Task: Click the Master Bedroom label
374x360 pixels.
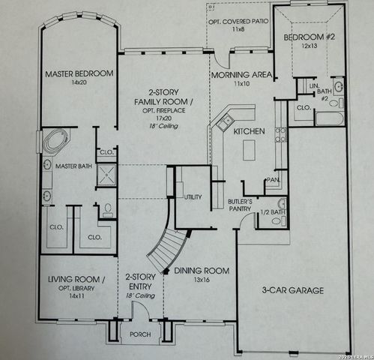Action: pos(79,73)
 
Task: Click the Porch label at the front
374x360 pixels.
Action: pos(139,334)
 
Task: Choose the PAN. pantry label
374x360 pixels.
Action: pos(273,181)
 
